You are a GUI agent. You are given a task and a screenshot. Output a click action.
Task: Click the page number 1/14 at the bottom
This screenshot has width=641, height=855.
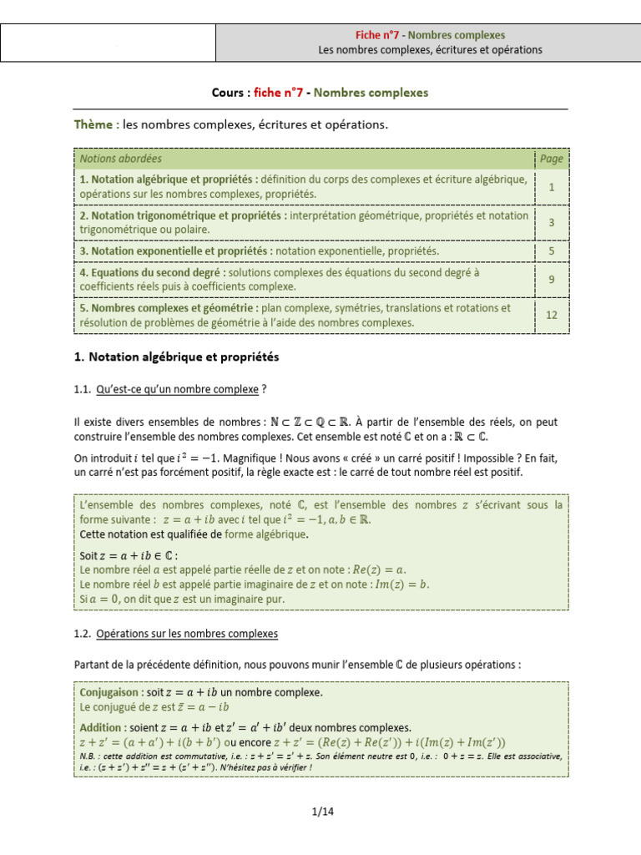coord(321,811)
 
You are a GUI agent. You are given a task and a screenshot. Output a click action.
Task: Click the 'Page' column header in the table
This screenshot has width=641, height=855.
coord(551,159)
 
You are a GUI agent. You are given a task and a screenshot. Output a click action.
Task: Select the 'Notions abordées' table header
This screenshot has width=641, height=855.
coord(121,159)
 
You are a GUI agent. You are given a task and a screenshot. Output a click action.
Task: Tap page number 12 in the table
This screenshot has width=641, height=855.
coord(551,315)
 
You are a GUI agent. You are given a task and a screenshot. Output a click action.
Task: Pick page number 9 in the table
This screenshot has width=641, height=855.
coord(551,280)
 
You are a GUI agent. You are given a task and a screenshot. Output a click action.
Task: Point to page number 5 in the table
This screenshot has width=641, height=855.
coord(551,250)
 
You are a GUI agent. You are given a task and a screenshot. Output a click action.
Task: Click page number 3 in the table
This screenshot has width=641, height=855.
coord(551,222)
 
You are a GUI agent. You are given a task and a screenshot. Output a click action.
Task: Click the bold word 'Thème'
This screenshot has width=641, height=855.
coord(95,124)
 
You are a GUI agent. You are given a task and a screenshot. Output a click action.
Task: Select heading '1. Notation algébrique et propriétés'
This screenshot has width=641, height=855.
coord(176,357)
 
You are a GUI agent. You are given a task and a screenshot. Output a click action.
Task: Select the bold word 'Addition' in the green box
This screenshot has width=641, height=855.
coord(100,727)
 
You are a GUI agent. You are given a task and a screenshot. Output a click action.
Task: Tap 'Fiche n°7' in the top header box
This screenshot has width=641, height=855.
coord(378,35)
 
